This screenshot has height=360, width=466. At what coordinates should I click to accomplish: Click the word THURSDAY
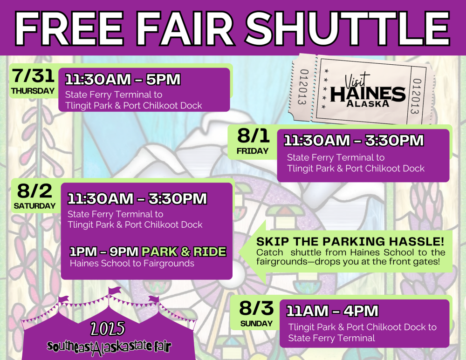coord(33,91)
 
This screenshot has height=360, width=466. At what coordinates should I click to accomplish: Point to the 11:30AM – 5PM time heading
coord(122,79)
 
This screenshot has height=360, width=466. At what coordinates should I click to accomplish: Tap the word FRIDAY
coord(253,151)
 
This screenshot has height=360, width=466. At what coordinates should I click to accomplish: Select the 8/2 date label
coord(34,191)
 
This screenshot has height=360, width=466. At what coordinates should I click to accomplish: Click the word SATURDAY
coord(34,205)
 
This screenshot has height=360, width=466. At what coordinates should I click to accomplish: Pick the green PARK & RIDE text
coord(184,252)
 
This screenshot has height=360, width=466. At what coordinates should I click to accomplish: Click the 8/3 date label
coord(256,308)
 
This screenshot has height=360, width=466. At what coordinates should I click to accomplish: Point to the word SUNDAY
coord(256,323)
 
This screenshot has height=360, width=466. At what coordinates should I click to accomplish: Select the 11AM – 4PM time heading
coord(332,311)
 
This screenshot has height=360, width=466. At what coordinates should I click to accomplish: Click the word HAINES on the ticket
coord(368,93)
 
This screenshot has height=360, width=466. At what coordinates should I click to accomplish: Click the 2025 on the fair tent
coord(108,329)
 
